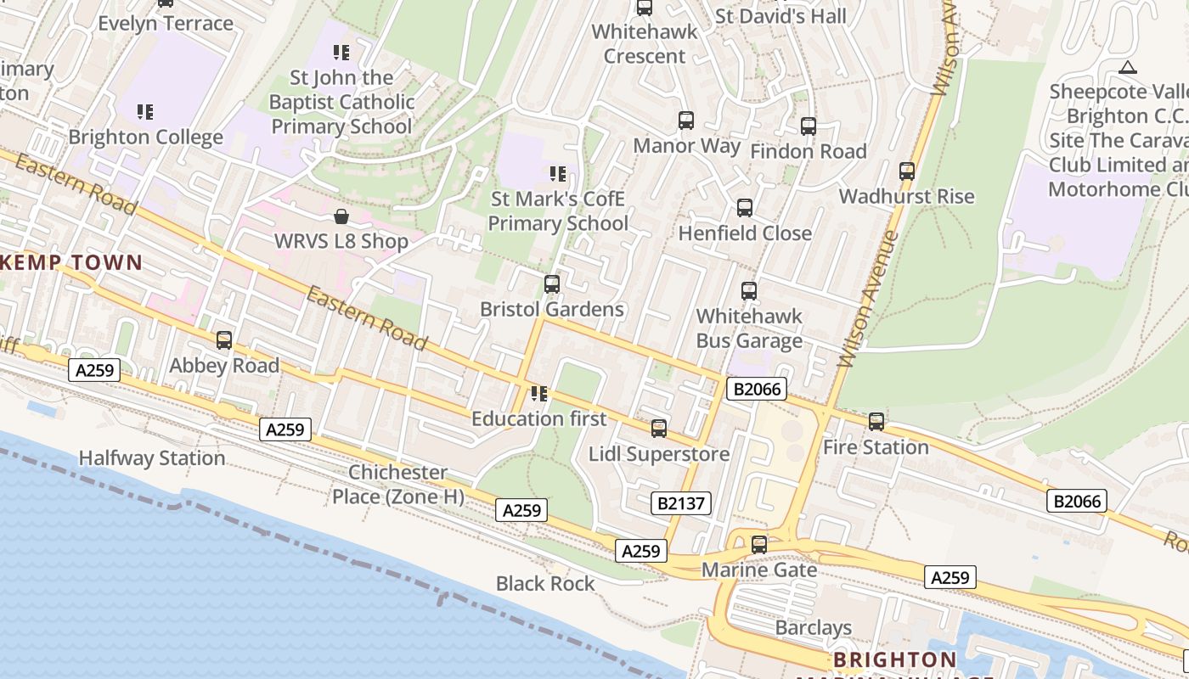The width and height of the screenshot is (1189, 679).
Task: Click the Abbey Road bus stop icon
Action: point(224,340)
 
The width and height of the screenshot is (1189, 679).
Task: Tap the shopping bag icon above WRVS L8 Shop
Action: point(341,216)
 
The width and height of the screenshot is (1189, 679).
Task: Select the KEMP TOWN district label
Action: point(71,262)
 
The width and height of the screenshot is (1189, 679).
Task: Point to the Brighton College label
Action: point(146,137)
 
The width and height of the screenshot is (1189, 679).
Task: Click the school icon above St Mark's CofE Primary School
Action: point(558,174)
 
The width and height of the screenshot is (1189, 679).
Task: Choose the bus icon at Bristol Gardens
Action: point(552,284)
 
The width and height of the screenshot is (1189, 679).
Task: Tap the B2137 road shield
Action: point(682,502)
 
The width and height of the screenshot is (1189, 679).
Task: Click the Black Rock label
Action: point(545,584)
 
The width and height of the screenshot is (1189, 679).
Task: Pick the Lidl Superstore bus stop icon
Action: point(659,429)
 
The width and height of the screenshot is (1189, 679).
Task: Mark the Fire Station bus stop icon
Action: point(876,422)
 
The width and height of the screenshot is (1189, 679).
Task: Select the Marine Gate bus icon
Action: point(759,545)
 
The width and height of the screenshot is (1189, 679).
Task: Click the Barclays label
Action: point(813,628)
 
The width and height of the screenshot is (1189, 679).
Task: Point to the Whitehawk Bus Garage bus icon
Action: point(749,291)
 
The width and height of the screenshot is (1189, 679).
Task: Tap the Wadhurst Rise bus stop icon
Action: point(907,171)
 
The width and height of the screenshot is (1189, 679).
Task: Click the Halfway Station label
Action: point(152,458)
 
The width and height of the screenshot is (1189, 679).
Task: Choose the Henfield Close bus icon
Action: point(745,208)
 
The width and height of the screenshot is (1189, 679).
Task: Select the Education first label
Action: point(539,418)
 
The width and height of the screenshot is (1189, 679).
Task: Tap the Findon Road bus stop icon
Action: point(809,126)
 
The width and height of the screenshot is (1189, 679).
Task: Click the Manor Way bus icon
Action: point(686,121)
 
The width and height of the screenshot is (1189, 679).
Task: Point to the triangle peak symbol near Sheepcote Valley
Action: point(1128,67)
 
